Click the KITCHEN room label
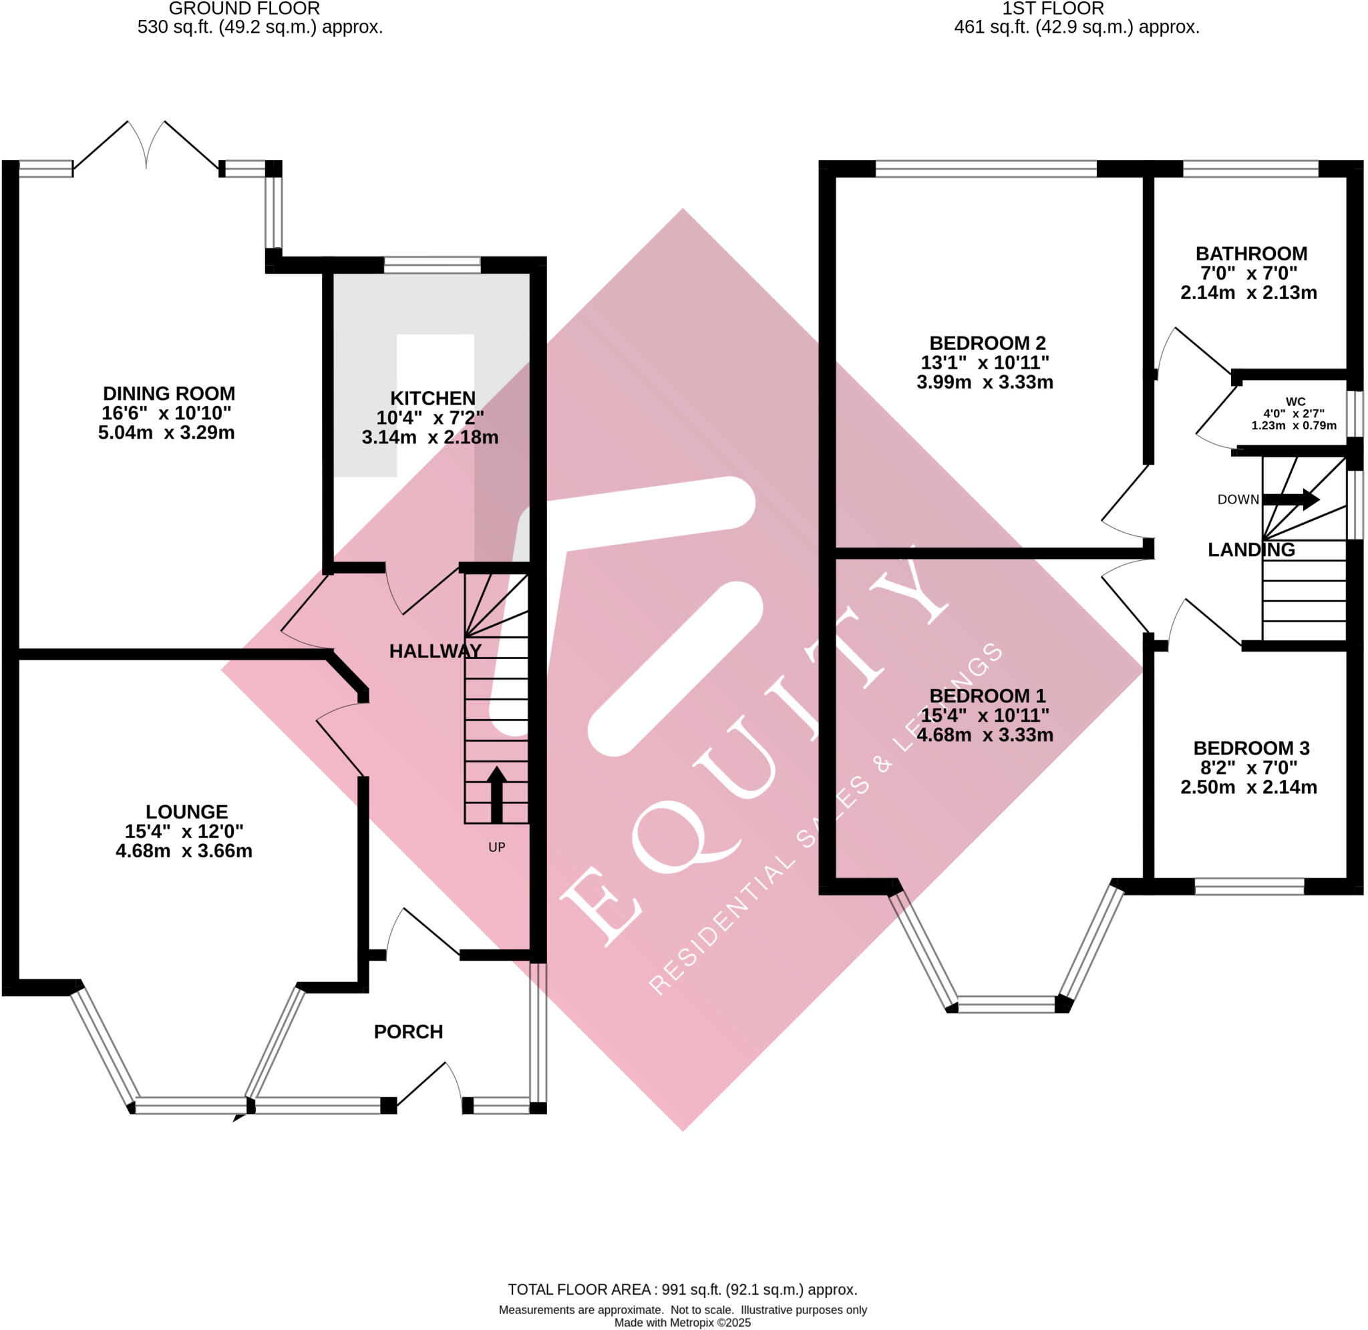pyautogui.click(x=432, y=399)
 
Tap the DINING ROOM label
pyautogui.click(x=169, y=394)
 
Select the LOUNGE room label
pyautogui.click(x=186, y=812)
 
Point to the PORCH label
pyautogui.click(x=408, y=1032)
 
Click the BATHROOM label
pyautogui.click(x=1250, y=254)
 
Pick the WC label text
pyautogui.click(x=1295, y=402)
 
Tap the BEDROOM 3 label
pyautogui.click(x=1250, y=748)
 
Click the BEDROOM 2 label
pyautogui.click(x=987, y=343)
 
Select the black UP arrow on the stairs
pyautogui.click(x=496, y=795)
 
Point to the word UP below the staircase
pyautogui.click(x=496, y=847)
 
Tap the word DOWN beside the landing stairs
pyautogui.click(x=1237, y=499)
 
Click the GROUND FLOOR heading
pyautogui.click(x=244, y=9)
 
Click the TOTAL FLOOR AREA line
pyautogui.click(x=682, y=1289)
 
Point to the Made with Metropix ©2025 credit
pyautogui.click(x=682, y=1322)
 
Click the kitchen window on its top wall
pyautogui.click(x=432, y=265)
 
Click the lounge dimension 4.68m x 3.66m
pyautogui.click(x=184, y=851)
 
